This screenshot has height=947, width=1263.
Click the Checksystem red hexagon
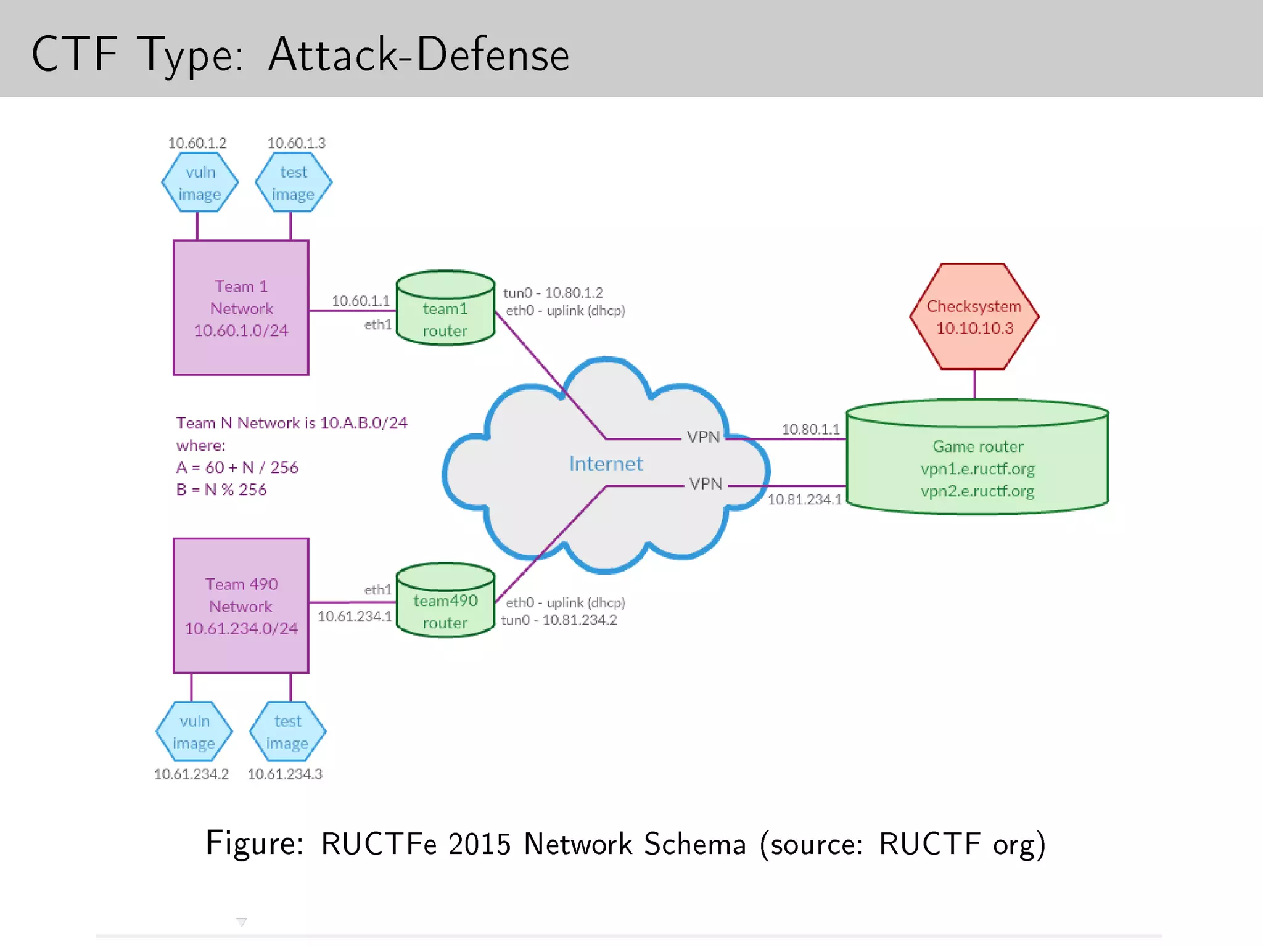(974, 316)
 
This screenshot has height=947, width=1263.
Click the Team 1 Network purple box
(241, 308)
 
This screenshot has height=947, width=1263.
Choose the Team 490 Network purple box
(241, 605)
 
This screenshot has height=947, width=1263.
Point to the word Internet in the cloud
(605, 464)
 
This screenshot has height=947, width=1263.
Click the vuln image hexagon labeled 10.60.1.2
(200, 182)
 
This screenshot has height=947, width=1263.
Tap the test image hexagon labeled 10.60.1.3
(294, 182)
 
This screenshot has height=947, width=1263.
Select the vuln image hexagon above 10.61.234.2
(194, 732)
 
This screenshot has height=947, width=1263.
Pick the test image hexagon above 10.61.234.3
(287, 732)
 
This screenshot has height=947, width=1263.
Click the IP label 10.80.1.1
(810, 429)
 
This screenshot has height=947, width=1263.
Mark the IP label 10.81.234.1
(804, 499)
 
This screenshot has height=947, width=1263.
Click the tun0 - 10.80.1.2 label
(553, 292)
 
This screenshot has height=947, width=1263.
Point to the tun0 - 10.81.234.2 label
(559, 620)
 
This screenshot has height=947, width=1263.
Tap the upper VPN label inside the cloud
(703, 437)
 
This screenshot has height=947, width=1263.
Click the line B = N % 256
(221, 490)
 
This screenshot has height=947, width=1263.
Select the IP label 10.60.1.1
(361, 301)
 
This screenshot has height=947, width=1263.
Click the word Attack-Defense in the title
(419, 54)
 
